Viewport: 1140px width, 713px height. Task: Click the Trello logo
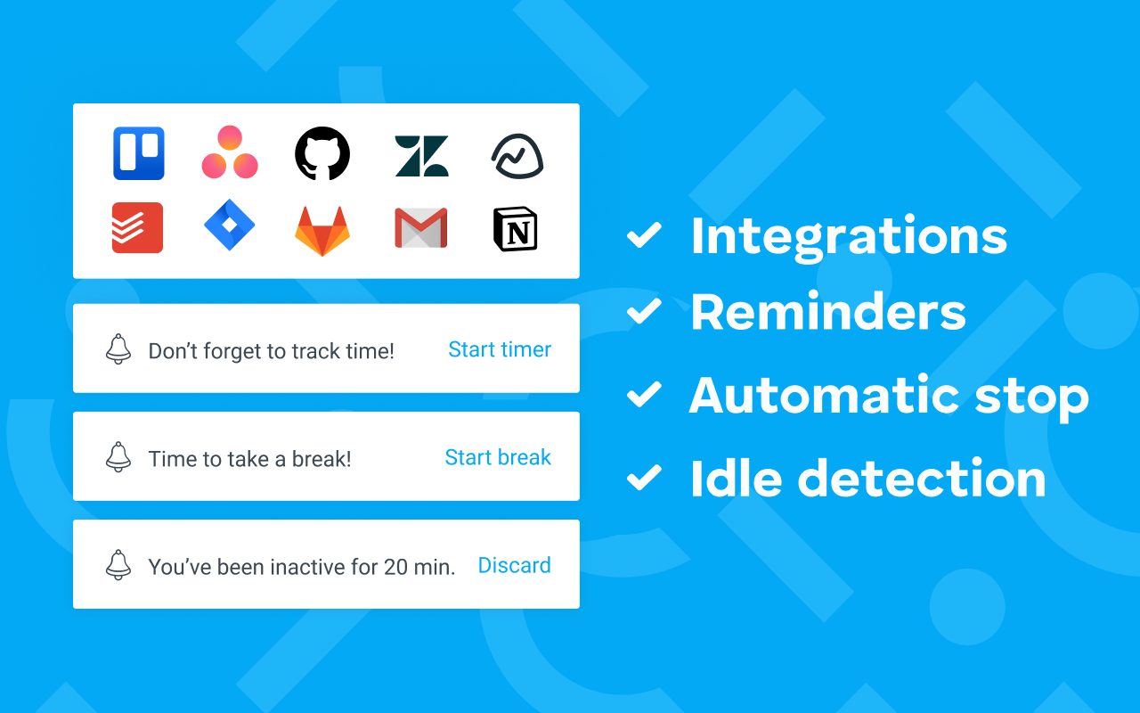139,153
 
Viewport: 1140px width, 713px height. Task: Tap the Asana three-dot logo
230,153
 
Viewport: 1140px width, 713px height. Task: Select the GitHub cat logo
322,153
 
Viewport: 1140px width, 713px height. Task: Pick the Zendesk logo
421,155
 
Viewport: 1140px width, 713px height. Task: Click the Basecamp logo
517,157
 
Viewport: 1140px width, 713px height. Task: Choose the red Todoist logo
137,228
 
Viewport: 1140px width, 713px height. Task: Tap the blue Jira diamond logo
230,225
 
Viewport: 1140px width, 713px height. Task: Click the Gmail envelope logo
421,229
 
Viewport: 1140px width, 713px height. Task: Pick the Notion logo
516,229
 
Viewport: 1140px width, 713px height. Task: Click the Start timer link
500,349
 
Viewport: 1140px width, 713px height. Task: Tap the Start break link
498,457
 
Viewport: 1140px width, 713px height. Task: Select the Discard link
515,565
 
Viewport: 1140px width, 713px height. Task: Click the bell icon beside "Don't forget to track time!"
118,349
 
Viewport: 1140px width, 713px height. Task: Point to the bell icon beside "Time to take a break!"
118,457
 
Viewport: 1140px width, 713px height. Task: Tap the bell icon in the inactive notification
118,565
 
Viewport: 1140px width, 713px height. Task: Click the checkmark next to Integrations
644,236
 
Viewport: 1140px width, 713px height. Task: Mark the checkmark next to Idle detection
644,478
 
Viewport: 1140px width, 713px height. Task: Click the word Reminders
828,312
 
